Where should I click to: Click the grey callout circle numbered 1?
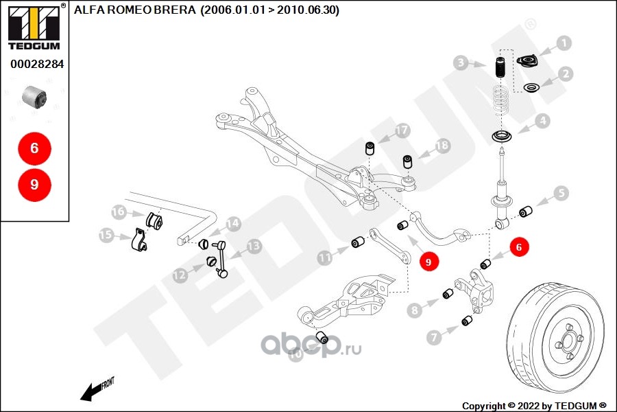tap(564, 44)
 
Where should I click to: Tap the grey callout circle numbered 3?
tap(461, 64)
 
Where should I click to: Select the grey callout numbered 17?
tap(402, 130)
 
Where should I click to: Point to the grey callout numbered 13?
tap(254, 246)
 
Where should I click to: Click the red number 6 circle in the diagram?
tap(519, 246)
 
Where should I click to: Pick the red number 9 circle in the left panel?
tap(34, 184)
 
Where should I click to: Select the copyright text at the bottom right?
tap(535, 405)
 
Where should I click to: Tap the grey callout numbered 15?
tap(106, 235)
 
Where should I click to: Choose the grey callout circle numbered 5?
tap(561, 194)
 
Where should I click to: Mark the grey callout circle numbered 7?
tap(434, 336)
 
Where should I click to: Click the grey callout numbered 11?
tap(324, 258)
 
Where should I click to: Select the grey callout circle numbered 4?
tap(542, 122)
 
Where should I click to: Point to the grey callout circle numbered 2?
tap(566, 73)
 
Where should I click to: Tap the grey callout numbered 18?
tap(442, 146)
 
